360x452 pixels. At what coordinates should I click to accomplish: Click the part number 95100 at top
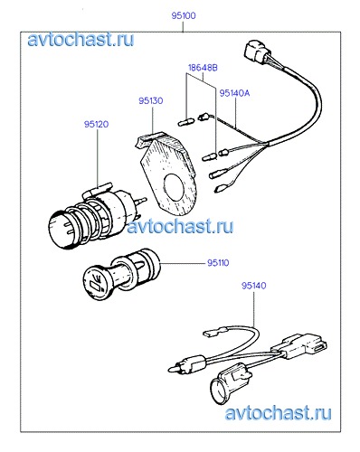point(184,15)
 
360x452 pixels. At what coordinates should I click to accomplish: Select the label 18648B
point(203,68)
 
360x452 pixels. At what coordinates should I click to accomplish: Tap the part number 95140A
point(234,93)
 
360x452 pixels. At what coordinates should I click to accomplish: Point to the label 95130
point(151,100)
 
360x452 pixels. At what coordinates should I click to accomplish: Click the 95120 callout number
point(96,124)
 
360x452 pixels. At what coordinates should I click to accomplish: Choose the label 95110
point(218,263)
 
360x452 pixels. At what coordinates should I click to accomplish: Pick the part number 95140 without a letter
point(253,286)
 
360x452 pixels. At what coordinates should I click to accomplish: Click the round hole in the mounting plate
point(175,187)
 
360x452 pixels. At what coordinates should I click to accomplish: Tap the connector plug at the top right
point(255,51)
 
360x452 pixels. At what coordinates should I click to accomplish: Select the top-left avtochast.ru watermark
point(81,40)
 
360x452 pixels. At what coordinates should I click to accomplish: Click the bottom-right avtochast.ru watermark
point(278,412)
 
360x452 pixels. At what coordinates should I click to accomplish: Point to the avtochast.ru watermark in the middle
point(180,226)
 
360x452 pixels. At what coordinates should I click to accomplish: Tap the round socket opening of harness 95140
point(218,391)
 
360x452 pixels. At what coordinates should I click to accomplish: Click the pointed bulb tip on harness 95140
point(174,369)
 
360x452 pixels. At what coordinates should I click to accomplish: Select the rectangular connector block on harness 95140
point(300,346)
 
